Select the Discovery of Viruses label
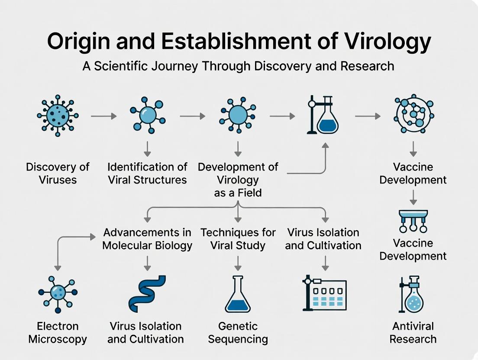click(58, 173)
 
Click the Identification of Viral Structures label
click(147, 173)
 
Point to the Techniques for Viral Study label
click(238, 239)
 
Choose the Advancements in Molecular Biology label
click(147, 239)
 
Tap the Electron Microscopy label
click(58, 332)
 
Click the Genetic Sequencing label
click(238, 332)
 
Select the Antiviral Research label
click(413, 332)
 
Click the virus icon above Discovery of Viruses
click(58, 116)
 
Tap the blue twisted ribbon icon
click(147, 293)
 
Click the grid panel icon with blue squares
click(324, 293)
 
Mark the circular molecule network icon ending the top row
click(414, 115)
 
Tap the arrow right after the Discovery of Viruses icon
click(104, 116)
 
